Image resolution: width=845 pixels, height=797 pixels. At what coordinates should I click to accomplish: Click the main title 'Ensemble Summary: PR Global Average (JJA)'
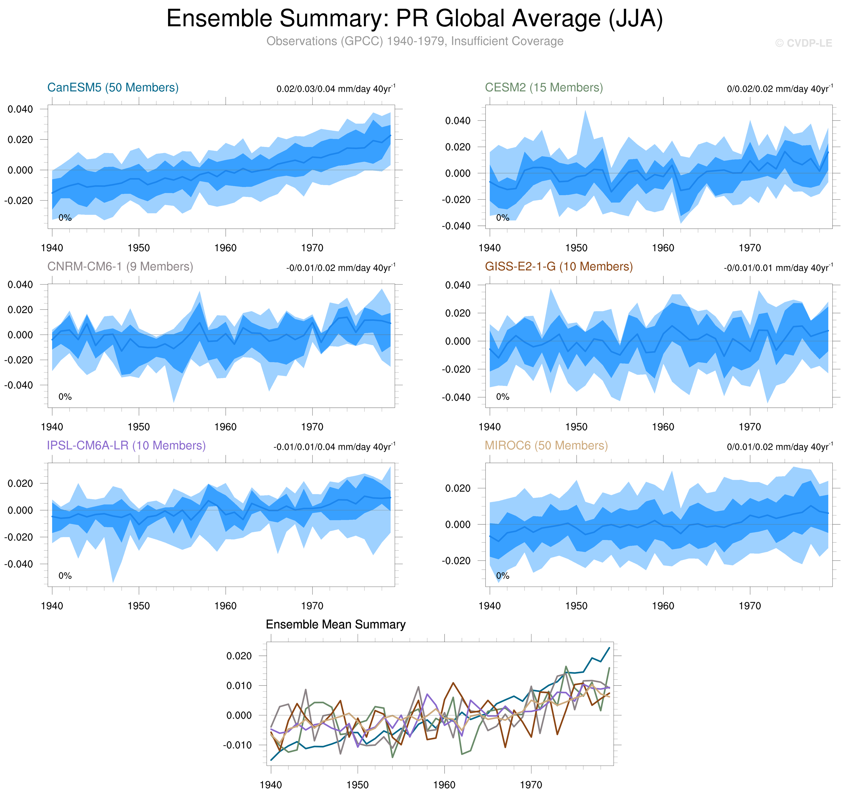click(414, 19)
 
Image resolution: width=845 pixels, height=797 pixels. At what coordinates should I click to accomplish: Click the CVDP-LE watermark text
click(803, 43)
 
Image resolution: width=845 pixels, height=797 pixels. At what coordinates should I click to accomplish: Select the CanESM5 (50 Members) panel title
click(113, 88)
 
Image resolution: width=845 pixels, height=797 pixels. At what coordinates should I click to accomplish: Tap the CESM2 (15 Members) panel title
click(544, 88)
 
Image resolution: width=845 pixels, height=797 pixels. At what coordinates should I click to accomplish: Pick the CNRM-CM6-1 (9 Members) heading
click(120, 266)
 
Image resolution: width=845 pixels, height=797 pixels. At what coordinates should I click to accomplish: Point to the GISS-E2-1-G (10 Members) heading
click(558, 266)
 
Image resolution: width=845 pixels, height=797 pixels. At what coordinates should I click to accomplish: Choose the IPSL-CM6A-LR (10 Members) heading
click(126, 445)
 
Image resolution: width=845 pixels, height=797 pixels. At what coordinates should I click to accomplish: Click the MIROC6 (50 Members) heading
click(546, 445)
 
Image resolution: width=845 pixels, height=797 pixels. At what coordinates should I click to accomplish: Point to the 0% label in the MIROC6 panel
click(502, 576)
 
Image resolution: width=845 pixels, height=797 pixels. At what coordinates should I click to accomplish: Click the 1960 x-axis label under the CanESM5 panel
click(225, 248)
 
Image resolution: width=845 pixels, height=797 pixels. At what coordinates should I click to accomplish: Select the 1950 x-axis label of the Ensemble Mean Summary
click(357, 784)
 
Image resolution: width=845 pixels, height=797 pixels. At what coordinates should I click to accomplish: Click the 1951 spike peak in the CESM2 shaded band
click(585, 111)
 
